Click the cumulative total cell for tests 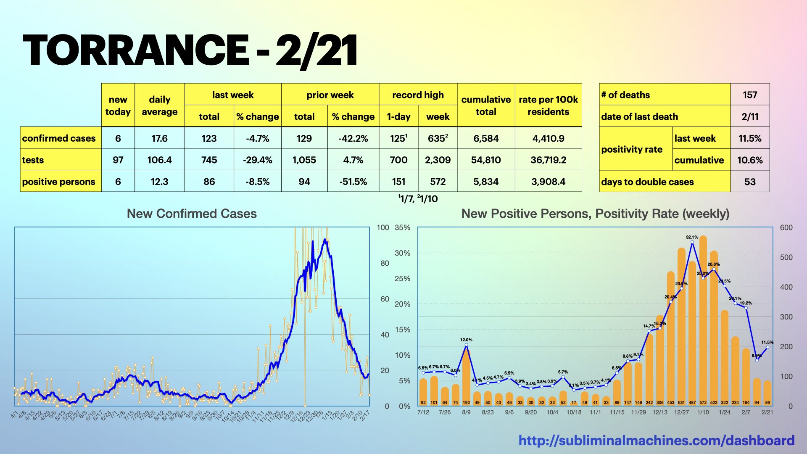pyautogui.click(x=486, y=160)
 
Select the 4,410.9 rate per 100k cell pyautogui.click(x=548, y=138)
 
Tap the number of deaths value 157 pyautogui.click(x=750, y=95)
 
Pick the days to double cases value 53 pyautogui.click(x=750, y=182)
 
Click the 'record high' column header pyautogui.click(x=418, y=95)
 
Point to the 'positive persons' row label pyautogui.click(x=59, y=182)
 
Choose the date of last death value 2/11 pyautogui.click(x=750, y=116)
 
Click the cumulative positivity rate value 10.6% pyautogui.click(x=750, y=160)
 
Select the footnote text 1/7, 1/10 pyautogui.click(x=418, y=199)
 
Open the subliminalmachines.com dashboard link pyautogui.click(x=656, y=440)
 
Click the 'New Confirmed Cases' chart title pyautogui.click(x=192, y=214)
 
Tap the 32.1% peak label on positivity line pyautogui.click(x=692, y=237)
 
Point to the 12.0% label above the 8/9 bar pyautogui.click(x=466, y=340)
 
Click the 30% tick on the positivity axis pyautogui.click(x=402, y=253)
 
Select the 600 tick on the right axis pyautogui.click(x=786, y=227)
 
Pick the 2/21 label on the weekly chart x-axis pyautogui.click(x=767, y=412)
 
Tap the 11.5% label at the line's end pyautogui.click(x=767, y=342)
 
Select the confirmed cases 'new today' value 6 pyautogui.click(x=118, y=138)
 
